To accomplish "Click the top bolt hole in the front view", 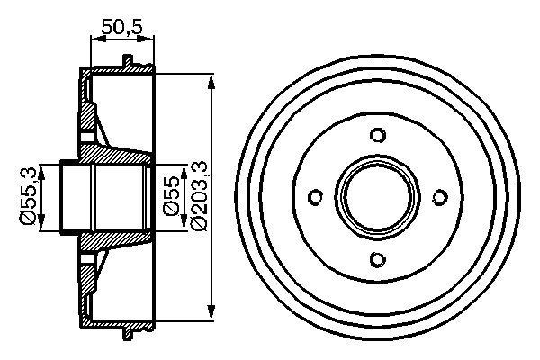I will (x=378, y=136).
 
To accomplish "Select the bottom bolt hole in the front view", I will (x=378, y=260).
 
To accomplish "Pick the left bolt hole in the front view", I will (x=316, y=198).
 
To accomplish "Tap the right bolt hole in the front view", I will (x=440, y=198).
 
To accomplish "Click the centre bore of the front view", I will (x=378, y=198).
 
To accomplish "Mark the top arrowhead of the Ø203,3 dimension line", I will (x=212, y=81).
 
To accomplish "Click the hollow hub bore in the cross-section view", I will (x=103, y=198).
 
